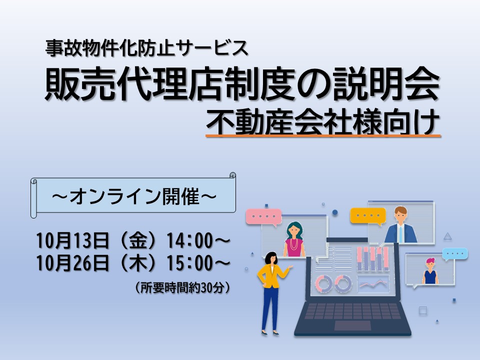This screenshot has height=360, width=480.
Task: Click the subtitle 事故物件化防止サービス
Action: [x=146, y=48]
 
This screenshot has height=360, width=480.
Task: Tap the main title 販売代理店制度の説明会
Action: [x=242, y=83]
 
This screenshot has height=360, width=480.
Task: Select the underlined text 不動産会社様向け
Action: [x=323, y=123]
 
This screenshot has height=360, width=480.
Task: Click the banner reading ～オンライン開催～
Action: [x=133, y=195]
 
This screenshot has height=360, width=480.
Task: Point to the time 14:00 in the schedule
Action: [x=189, y=240]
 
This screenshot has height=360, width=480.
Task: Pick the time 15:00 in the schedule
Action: [x=189, y=263]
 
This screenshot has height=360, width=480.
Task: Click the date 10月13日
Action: [x=73, y=240]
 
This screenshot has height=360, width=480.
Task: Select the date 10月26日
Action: [x=73, y=263]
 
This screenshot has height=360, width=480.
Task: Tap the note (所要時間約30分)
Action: [x=182, y=287]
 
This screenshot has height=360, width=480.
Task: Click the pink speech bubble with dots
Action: [x=264, y=216]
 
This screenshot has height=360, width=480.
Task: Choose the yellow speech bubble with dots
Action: [x=368, y=216]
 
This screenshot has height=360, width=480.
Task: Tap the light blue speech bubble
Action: [x=455, y=254]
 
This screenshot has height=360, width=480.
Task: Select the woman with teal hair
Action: [x=294, y=239]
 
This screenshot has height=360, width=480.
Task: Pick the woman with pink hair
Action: [x=430, y=271]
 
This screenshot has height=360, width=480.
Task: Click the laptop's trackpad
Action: [x=352, y=325]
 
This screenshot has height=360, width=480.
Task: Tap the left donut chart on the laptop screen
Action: [x=323, y=283]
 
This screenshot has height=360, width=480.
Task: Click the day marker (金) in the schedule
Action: [x=138, y=240]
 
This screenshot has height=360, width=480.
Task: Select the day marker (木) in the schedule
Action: [x=138, y=263]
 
